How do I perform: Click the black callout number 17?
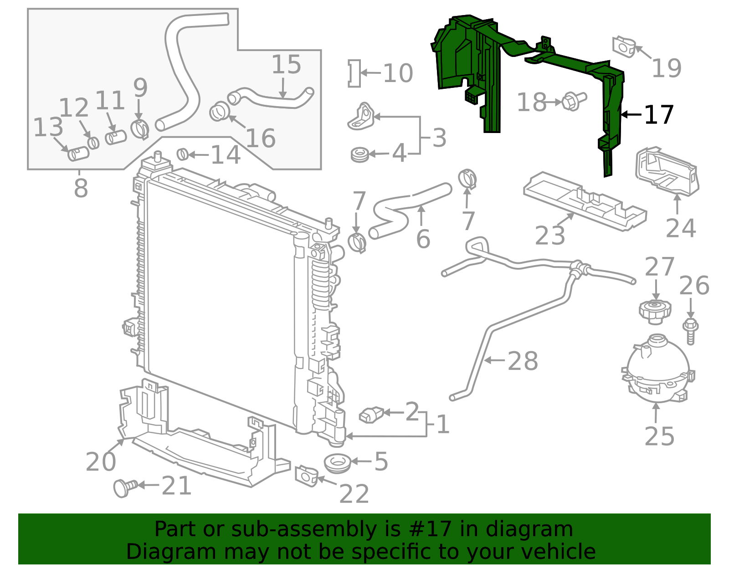point(659,115)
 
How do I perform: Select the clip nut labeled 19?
point(624,47)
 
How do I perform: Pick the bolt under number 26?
point(690,331)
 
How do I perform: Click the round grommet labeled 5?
point(337,464)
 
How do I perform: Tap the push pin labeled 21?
point(125,488)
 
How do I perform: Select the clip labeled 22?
point(306,476)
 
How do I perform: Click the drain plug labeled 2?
point(371,415)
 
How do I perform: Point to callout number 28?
point(522,361)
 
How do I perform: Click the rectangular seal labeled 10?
point(354,73)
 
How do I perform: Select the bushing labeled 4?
point(359,154)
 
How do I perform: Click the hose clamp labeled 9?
point(139,128)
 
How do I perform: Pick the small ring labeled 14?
point(183,154)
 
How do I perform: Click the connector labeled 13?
point(78,154)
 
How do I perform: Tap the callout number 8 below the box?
point(81,188)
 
